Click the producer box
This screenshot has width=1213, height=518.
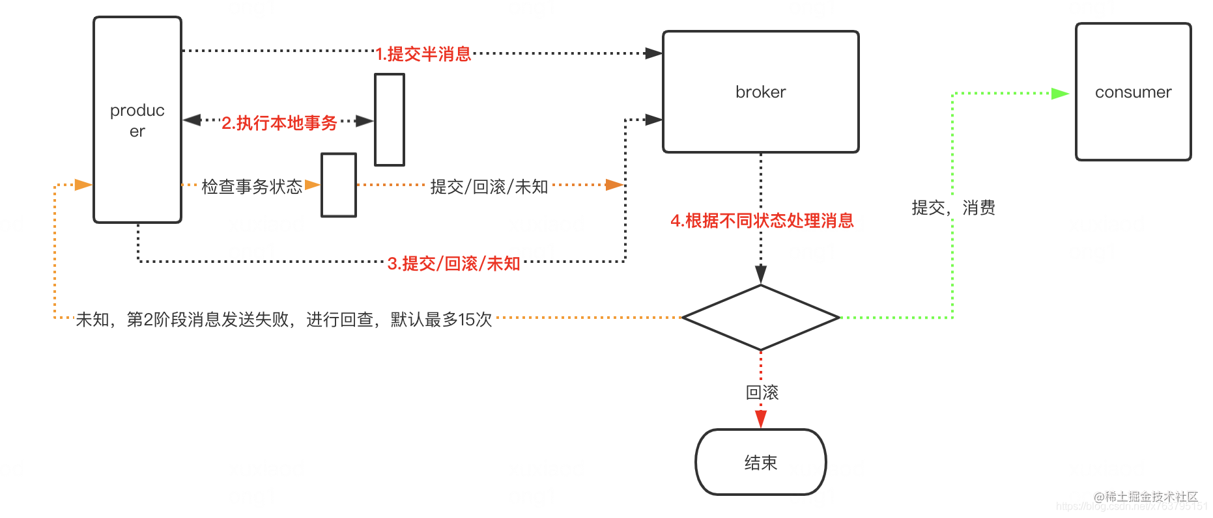click(137, 120)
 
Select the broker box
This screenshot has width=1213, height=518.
click(760, 92)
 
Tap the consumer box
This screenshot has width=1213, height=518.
click(1133, 92)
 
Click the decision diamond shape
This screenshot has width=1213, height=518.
click(760, 318)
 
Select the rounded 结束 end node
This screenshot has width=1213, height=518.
click(760, 462)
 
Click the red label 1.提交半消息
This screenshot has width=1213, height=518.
click(423, 54)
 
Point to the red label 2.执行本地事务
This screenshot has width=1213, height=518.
click(279, 122)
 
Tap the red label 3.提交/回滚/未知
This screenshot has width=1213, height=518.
click(454, 263)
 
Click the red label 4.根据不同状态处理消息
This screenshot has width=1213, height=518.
click(762, 221)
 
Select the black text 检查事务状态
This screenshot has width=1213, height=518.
click(252, 187)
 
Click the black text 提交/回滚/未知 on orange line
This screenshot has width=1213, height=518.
click(489, 187)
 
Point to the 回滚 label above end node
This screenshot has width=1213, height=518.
click(762, 392)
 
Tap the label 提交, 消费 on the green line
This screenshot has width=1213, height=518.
click(953, 208)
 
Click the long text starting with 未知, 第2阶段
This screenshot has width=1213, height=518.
click(283, 320)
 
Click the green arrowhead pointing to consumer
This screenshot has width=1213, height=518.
click(1059, 94)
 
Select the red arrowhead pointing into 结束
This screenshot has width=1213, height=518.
click(760, 419)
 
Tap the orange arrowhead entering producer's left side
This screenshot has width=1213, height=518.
click(83, 185)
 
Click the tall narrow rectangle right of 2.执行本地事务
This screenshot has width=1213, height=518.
click(390, 120)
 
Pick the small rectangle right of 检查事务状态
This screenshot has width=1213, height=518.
click(339, 185)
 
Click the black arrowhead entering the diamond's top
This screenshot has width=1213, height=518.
click(760, 274)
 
